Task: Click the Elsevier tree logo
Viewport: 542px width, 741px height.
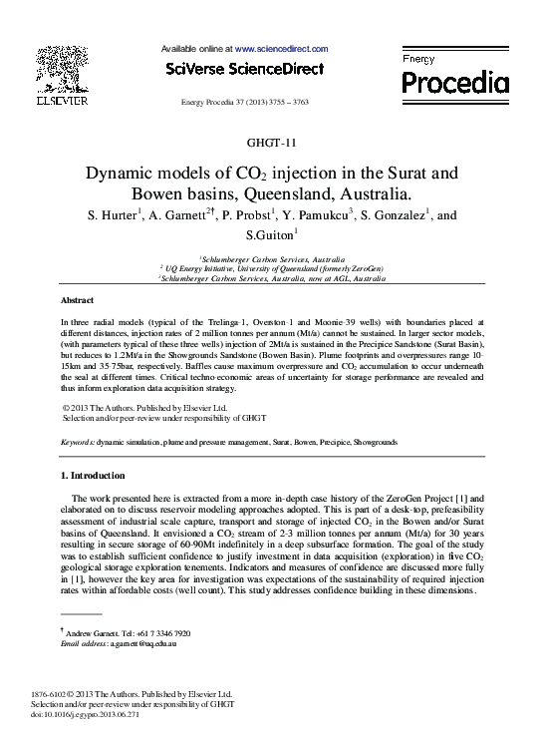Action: (x=62, y=70)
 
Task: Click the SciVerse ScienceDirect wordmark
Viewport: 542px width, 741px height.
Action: (x=245, y=69)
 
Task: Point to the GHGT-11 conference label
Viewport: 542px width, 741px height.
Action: (x=271, y=143)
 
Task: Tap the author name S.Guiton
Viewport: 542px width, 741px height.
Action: (x=268, y=236)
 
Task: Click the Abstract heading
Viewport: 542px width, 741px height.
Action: (x=78, y=300)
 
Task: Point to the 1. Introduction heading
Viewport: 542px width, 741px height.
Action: (x=93, y=476)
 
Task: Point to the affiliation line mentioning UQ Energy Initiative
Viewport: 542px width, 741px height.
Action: (x=271, y=269)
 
